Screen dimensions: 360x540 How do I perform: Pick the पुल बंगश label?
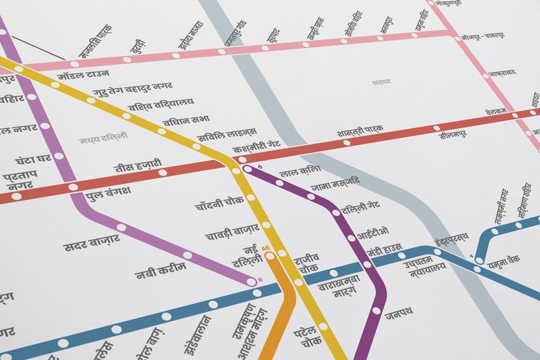click(108, 193)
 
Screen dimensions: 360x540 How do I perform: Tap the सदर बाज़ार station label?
click(91, 242)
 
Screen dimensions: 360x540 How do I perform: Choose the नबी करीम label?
click(161, 270)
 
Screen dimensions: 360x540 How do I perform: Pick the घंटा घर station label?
click(33, 159)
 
